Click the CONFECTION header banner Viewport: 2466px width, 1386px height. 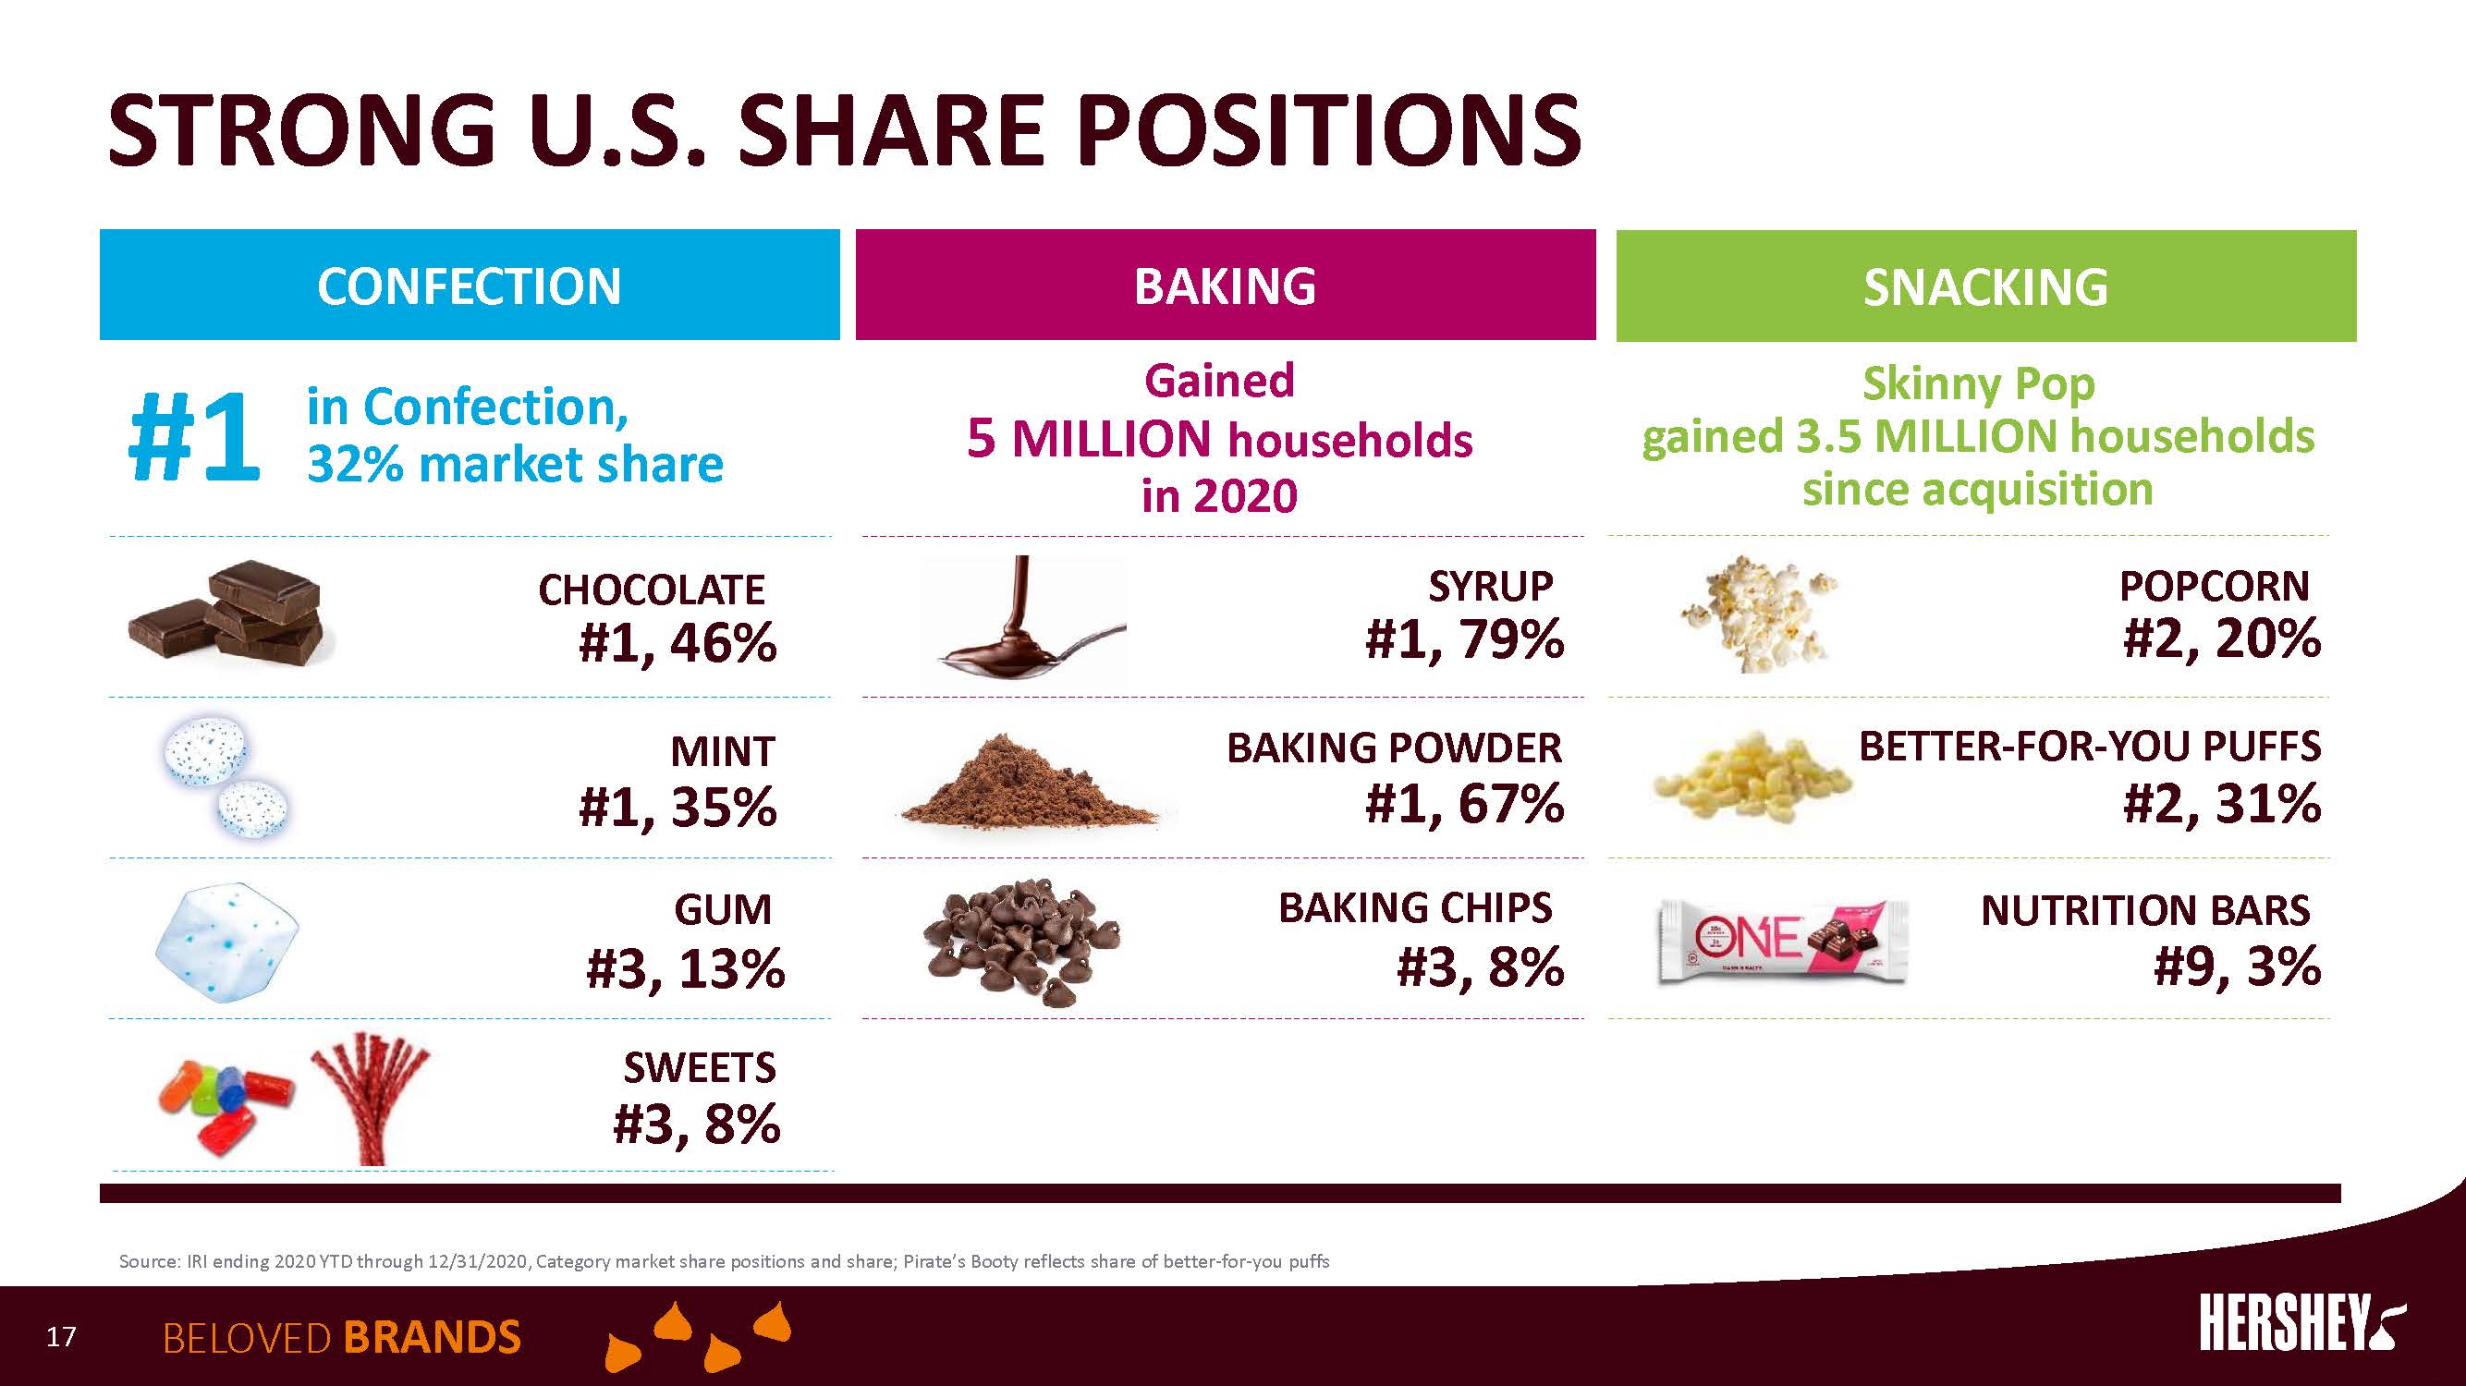point(470,286)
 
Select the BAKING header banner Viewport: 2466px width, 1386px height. point(1225,286)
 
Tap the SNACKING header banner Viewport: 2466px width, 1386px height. point(1985,286)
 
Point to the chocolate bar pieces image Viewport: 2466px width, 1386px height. point(226,613)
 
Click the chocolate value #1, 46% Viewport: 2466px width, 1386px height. point(677,642)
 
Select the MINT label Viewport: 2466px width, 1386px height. point(722,751)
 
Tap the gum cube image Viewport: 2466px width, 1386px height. point(226,942)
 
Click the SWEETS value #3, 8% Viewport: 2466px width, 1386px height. point(696,1124)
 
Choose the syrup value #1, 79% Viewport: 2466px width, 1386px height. point(1464,639)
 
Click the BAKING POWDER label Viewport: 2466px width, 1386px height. point(1393,748)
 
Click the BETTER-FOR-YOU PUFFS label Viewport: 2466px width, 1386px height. point(2089,746)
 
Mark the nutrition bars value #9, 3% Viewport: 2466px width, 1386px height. point(2236,966)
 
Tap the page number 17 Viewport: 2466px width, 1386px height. point(61,1336)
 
